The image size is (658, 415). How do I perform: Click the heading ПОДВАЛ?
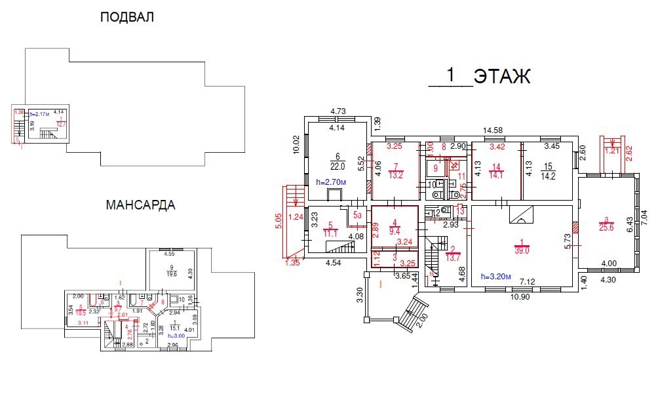[x=127, y=18]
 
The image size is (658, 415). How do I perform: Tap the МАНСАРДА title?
[x=140, y=205]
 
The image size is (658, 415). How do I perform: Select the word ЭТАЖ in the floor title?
[x=502, y=77]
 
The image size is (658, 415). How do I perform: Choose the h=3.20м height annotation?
[x=499, y=276]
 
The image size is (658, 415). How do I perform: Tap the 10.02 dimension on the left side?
[x=296, y=145]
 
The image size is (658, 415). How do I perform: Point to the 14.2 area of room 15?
[x=549, y=176]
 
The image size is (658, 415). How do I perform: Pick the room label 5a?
[x=357, y=214]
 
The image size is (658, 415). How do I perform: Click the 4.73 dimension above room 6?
[x=338, y=111]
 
